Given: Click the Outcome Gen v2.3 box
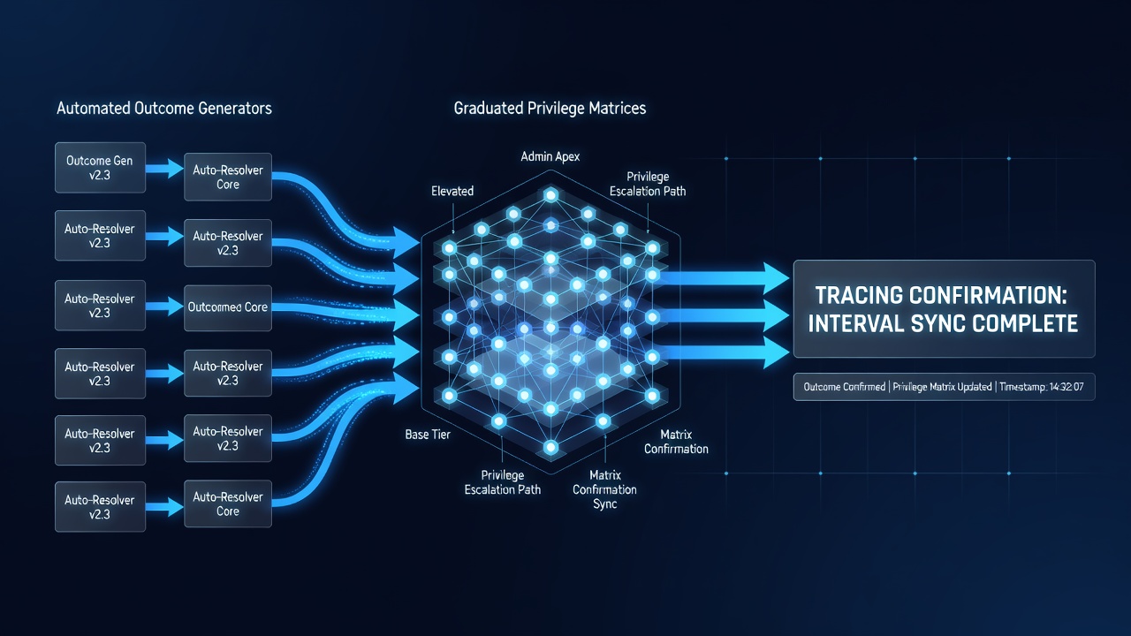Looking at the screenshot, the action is [x=100, y=168].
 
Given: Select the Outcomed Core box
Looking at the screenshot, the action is [x=228, y=308].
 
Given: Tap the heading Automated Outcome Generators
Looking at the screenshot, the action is [x=164, y=108].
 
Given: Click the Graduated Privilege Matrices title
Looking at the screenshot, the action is [x=550, y=108].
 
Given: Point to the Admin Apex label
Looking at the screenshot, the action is [x=550, y=156].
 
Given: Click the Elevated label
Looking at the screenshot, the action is [x=452, y=191].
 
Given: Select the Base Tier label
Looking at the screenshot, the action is [x=428, y=434].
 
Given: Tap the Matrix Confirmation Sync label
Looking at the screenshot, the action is [x=604, y=489].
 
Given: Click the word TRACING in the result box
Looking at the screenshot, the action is [x=859, y=295].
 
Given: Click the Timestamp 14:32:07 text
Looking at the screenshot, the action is [x=1041, y=387].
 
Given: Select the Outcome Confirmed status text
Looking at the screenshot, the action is [x=844, y=387].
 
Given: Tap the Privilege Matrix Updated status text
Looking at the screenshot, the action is [x=942, y=387].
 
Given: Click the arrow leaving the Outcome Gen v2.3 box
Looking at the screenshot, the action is [x=164, y=168].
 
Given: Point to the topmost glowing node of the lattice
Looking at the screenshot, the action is [x=550, y=194].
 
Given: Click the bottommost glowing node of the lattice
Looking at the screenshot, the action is [x=550, y=447].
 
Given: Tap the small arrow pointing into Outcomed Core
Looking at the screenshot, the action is [x=164, y=307].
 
